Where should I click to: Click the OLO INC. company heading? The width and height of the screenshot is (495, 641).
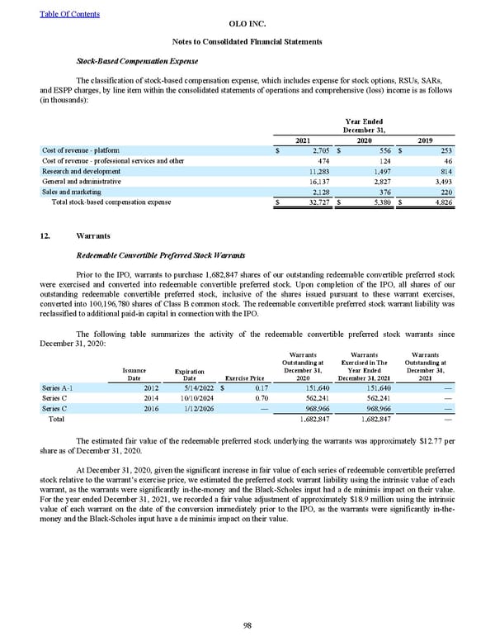pos(248,26)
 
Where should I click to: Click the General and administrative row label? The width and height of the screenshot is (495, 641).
pos(81,180)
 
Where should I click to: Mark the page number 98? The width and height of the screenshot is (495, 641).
pos(247,625)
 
